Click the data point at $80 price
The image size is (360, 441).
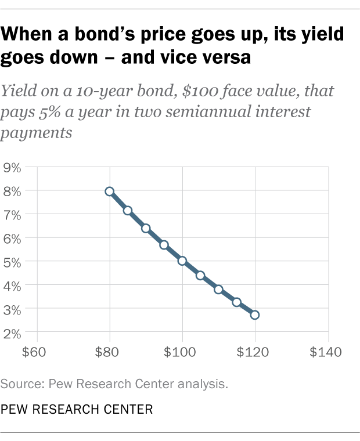pos(109,191)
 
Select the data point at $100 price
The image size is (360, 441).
pos(182,261)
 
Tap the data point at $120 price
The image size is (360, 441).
pos(255,315)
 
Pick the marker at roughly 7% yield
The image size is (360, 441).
pos(127,211)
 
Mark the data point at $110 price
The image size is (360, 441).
pos(218,289)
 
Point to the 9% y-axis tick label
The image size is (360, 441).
pos(12,168)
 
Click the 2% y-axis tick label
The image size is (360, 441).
pos(12,333)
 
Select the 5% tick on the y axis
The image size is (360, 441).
pos(12,262)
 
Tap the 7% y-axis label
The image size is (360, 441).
pos(12,215)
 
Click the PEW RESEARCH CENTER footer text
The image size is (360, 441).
pos(77,409)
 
